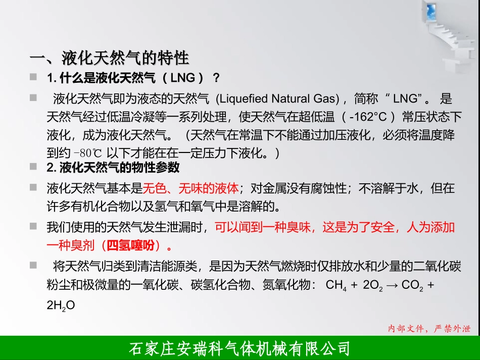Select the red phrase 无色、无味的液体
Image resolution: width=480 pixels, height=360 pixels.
pyautogui.click(x=190, y=189)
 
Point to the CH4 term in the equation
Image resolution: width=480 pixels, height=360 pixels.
pyautogui.click(x=336, y=285)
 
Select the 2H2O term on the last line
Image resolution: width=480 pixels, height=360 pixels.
pyautogui.click(x=61, y=305)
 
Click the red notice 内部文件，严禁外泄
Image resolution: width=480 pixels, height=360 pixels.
pyautogui.click(x=429, y=329)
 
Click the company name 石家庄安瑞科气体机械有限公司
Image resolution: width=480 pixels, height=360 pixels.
pyautogui.click(x=240, y=348)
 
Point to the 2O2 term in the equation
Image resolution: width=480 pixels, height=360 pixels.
pyautogui.click(x=373, y=285)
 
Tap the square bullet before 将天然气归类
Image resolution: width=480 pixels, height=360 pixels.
pyautogui.click(x=33, y=265)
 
